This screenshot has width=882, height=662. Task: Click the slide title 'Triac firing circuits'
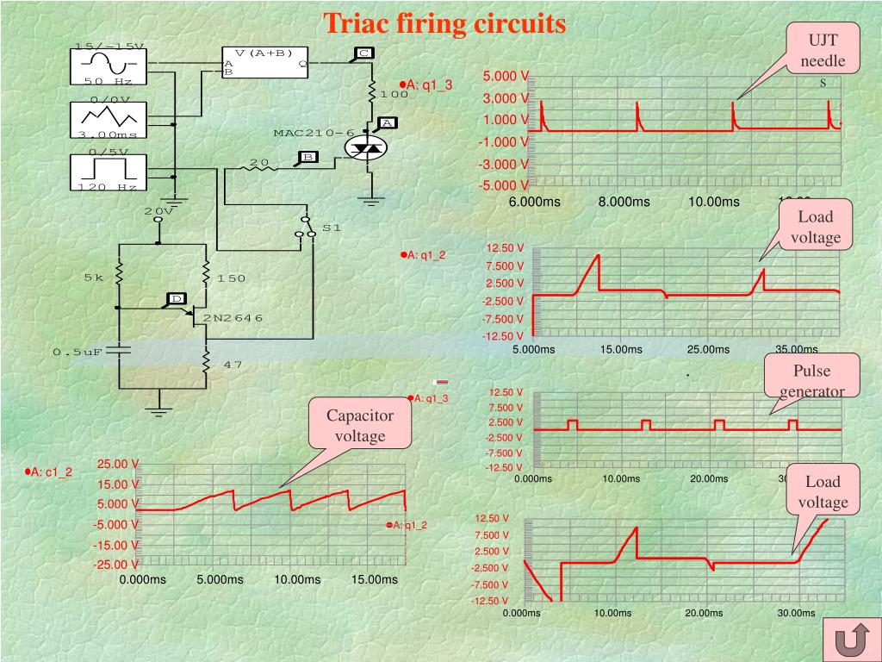[444, 23]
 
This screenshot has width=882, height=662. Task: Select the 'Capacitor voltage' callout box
[359, 426]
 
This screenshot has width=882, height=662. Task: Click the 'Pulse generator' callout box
[812, 380]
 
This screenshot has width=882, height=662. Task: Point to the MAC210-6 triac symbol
[368, 149]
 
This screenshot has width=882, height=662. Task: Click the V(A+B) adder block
[265, 62]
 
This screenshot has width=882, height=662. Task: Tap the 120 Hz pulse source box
[108, 171]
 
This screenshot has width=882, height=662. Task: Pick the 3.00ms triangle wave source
[108, 119]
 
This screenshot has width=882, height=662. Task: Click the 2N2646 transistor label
[233, 318]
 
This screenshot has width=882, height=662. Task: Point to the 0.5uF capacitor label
[78, 352]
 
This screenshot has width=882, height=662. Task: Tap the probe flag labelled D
[176, 299]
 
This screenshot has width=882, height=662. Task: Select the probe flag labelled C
[363, 53]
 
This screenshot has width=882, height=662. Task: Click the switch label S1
[332, 228]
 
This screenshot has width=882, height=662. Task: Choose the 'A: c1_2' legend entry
[49, 472]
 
